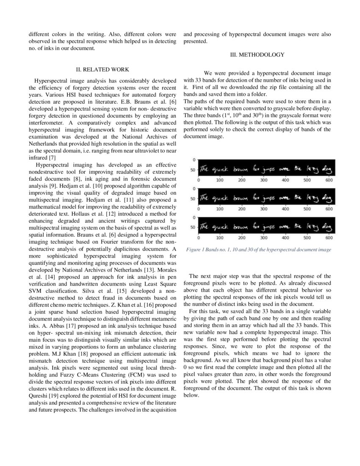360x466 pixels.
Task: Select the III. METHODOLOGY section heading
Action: click(257, 55)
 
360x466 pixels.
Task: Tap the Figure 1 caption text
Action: click(258, 250)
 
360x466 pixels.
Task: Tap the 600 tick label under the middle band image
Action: click(329, 209)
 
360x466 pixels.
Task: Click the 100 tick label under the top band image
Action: click(220, 180)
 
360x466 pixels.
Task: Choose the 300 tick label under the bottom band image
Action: click(263, 238)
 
